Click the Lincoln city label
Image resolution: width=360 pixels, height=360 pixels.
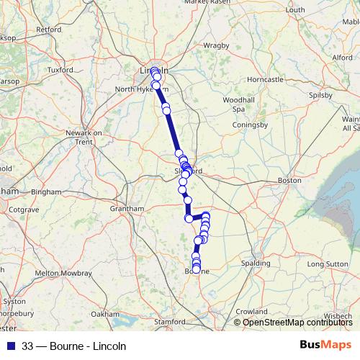click(152, 71)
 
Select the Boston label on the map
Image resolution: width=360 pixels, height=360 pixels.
click(289, 180)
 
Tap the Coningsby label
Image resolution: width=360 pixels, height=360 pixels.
click(250, 125)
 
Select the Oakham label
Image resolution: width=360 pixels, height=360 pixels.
click(104, 314)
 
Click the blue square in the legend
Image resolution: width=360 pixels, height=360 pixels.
click(10, 345)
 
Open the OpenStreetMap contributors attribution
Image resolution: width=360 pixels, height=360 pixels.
click(297, 322)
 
